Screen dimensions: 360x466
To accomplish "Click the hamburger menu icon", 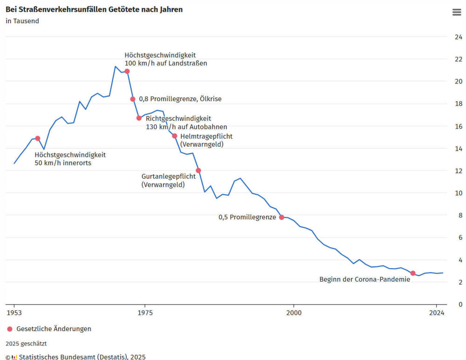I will [x=457, y=12].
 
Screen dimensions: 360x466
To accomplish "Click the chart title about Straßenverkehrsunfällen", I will [x=94, y=9].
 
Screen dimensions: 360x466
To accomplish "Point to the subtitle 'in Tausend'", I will [x=22, y=21].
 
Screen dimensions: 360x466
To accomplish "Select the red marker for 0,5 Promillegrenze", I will [x=281, y=217].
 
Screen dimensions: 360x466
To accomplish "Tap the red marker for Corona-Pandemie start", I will [x=413, y=273].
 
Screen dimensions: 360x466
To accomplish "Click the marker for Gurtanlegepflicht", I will [x=199, y=170].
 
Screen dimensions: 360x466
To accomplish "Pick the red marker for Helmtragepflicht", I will [x=175, y=136].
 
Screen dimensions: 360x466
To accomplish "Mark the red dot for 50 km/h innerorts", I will [x=38, y=138].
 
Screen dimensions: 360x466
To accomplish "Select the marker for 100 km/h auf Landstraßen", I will [x=127, y=71].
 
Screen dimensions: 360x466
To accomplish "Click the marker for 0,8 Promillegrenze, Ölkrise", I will [x=133, y=99].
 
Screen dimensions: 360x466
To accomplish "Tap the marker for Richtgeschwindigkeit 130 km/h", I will [x=139, y=118].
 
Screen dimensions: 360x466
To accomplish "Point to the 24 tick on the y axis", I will [x=458, y=37].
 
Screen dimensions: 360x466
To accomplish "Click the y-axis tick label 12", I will [x=458, y=171].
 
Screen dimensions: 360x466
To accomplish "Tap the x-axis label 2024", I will [x=437, y=313].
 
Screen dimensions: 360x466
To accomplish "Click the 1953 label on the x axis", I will [x=14, y=313].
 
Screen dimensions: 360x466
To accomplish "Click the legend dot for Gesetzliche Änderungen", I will [x=10, y=329].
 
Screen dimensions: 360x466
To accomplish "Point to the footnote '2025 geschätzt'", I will [x=26, y=344].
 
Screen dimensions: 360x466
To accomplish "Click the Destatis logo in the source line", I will [x=14, y=357].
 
